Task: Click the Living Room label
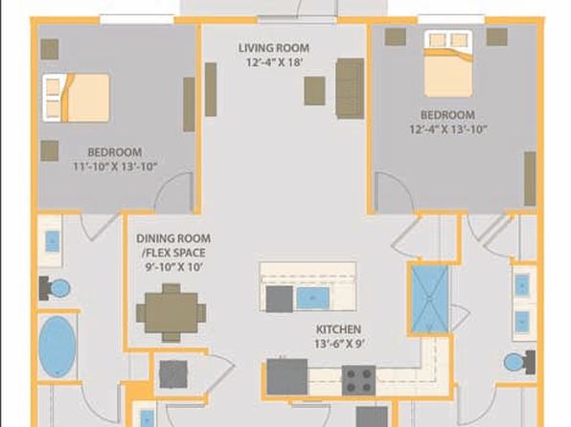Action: [274, 48]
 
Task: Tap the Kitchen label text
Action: [338, 329]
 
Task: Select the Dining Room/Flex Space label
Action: [173, 246]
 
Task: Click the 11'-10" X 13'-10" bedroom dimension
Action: [115, 167]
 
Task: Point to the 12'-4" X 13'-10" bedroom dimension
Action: [448, 129]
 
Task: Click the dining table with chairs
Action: [171, 313]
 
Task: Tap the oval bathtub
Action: [57, 347]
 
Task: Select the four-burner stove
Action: [358, 380]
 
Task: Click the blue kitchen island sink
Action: [313, 298]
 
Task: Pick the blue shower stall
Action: [430, 299]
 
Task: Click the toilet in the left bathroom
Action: [55, 288]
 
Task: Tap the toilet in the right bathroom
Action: [519, 362]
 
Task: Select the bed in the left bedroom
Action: [76, 98]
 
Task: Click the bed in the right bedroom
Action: [448, 64]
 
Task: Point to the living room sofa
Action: [350, 88]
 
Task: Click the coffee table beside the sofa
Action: [314, 91]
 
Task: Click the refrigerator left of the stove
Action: [287, 377]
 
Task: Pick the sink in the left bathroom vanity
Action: [53, 241]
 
